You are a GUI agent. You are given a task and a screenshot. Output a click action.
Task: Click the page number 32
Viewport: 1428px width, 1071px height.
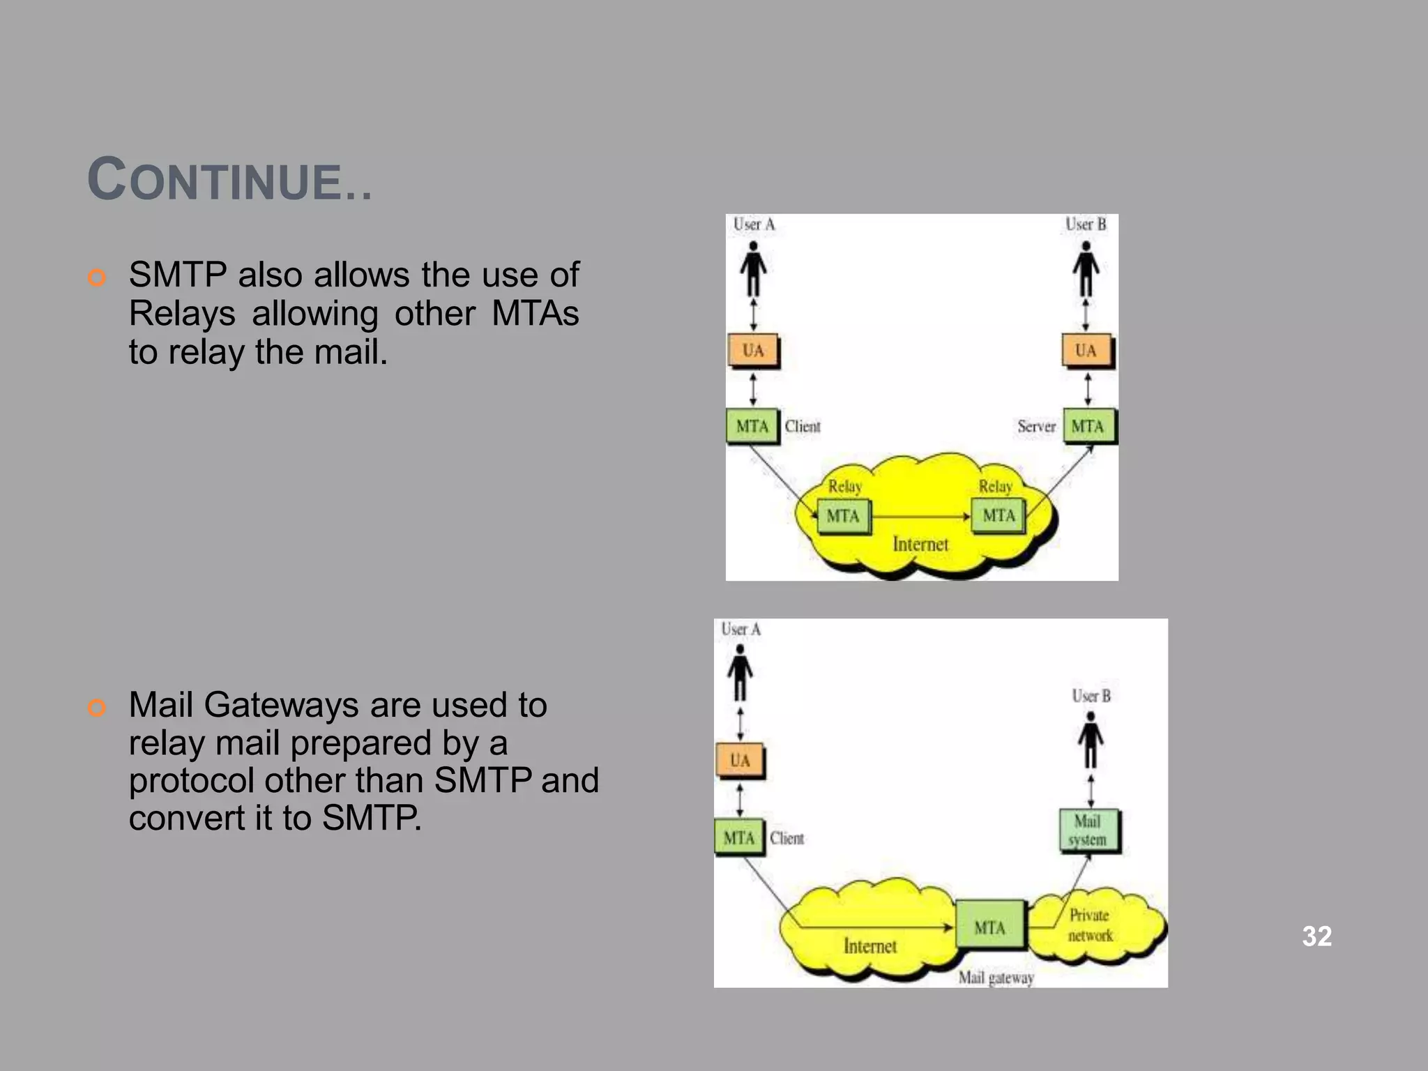1316,936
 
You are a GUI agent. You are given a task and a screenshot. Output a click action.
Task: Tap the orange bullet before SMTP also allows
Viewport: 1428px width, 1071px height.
97,278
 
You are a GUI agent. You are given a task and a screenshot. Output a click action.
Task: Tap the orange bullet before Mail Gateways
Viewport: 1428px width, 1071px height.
97,708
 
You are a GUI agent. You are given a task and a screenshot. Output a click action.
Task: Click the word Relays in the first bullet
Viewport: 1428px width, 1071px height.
182,313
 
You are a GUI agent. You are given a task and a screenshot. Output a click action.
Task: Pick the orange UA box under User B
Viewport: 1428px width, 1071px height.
1086,351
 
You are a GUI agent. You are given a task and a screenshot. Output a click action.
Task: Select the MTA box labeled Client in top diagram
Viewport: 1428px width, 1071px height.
752,426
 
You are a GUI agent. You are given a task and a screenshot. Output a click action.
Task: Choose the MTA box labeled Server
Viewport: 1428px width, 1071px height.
1088,426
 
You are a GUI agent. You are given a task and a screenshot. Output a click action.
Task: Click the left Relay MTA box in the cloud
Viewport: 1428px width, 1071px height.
843,517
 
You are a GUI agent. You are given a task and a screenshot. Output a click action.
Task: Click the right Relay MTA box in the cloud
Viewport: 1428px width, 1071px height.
998,516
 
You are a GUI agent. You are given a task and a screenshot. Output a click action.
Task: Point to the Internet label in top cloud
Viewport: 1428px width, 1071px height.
920,544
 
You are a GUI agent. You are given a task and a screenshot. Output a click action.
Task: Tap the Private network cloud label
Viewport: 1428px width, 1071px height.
1090,925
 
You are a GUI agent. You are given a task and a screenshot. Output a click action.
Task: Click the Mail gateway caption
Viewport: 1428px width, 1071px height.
996,978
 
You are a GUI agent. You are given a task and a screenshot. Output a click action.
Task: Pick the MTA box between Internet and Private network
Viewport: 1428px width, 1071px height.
990,925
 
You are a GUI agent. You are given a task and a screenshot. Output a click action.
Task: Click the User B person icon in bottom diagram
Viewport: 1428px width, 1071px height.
1091,740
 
